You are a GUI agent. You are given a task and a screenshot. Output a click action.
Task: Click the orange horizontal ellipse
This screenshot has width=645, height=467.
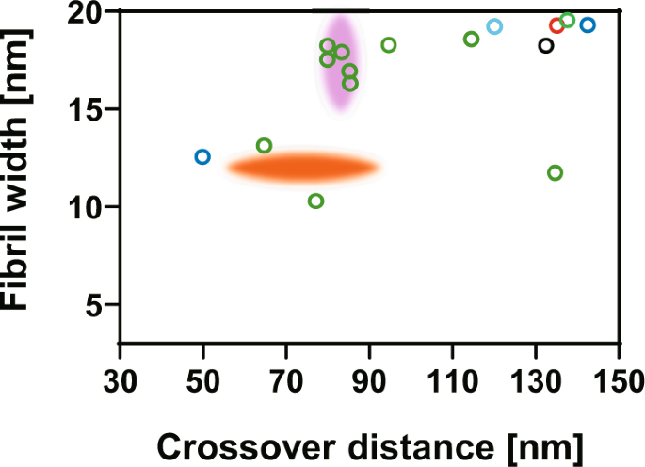point(302,168)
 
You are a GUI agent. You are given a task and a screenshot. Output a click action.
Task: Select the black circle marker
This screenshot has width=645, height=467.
point(546,45)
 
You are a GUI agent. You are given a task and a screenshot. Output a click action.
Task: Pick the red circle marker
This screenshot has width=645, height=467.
point(556,25)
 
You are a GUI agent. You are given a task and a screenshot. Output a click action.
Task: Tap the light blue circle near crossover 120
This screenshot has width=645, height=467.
point(494,26)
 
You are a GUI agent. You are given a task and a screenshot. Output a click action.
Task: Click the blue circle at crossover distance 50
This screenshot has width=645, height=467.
point(202,156)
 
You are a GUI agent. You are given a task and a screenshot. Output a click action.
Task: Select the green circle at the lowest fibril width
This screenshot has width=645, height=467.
point(316,201)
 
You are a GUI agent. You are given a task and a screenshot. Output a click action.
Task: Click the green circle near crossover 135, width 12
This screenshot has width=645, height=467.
point(555,172)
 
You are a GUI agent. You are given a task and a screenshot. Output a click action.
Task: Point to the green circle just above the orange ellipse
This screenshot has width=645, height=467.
point(265,145)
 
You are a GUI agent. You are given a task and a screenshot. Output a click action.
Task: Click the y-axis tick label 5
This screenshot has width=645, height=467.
point(93,304)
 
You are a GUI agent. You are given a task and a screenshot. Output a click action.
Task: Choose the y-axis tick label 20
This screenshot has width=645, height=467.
point(85,13)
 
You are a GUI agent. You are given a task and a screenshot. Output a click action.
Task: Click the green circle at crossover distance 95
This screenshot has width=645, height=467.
point(389,44)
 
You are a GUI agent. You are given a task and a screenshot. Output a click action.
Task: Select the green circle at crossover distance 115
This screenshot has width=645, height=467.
point(472,39)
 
